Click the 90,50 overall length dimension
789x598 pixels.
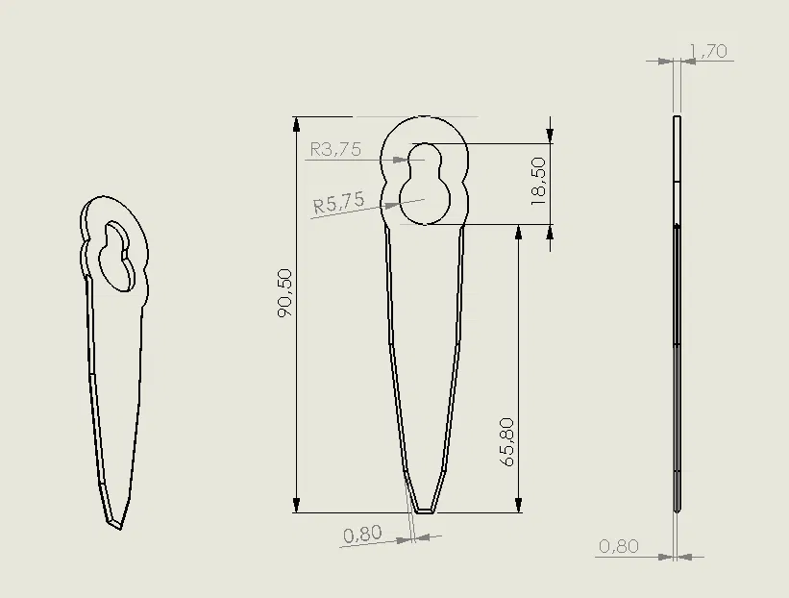[x=284, y=292]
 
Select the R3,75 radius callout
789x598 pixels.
[x=335, y=150]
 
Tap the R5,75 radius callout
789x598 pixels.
[x=338, y=202]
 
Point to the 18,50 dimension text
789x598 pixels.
[x=538, y=181]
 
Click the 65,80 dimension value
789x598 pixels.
[x=508, y=442]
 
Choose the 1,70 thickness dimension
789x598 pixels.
[x=709, y=51]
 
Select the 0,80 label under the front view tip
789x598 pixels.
[x=362, y=535]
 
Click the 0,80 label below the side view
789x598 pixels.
[x=619, y=546]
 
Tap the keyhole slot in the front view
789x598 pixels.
[x=425, y=184]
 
